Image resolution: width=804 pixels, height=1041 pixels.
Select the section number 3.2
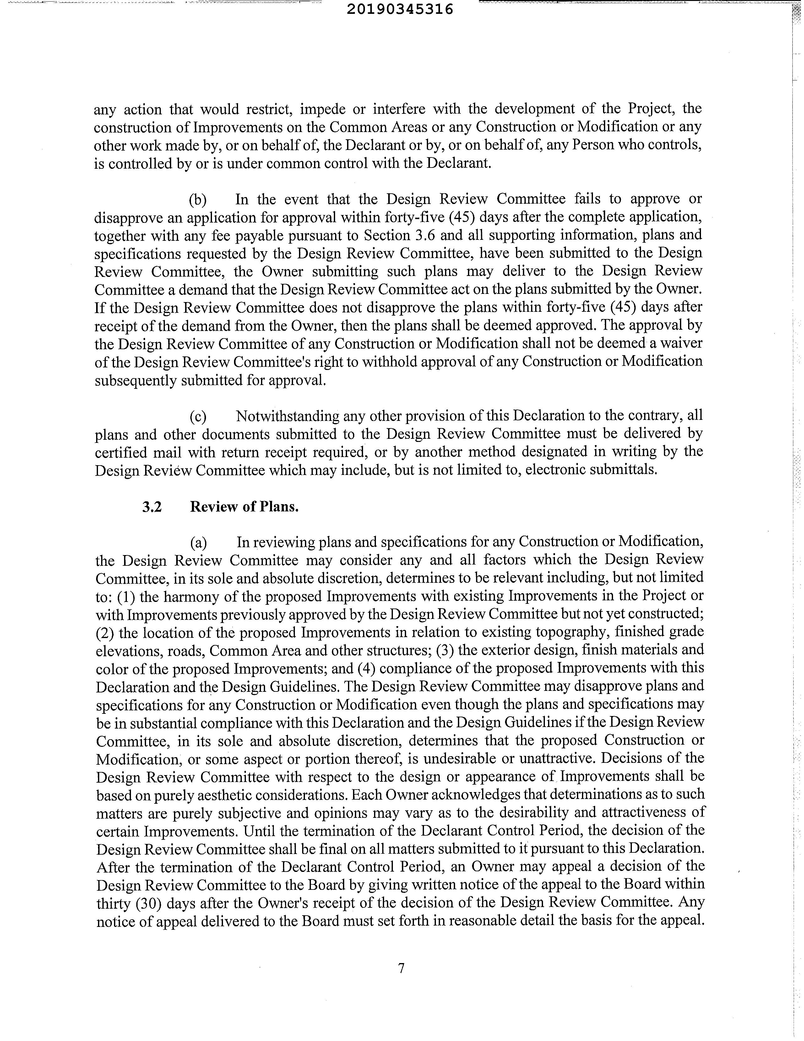click(x=152, y=507)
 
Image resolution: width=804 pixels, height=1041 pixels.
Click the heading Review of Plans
click(x=244, y=507)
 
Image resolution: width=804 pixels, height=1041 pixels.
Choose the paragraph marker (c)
click(x=198, y=416)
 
